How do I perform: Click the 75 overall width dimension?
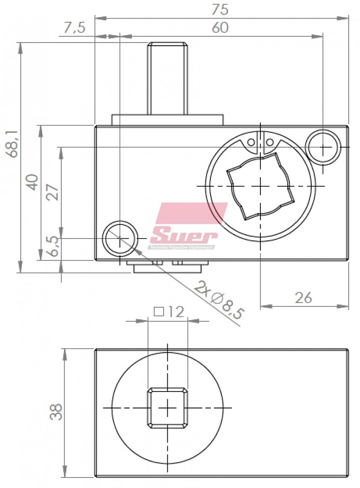(x=220, y=9)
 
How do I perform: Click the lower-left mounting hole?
(x=120, y=239)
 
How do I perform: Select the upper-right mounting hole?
(x=323, y=147)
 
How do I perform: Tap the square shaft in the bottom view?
(x=167, y=408)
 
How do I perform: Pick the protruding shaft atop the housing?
(x=167, y=78)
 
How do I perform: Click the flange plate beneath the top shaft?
(x=167, y=120)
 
